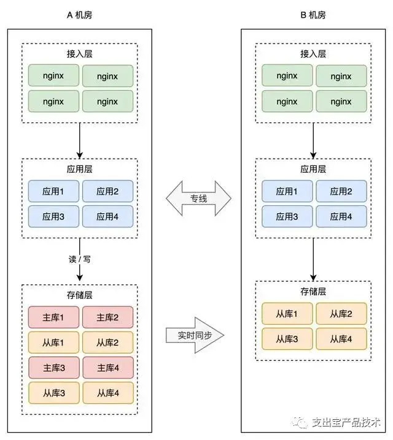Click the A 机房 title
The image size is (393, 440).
click(80, 15)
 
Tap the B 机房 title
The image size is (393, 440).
click(313, 15)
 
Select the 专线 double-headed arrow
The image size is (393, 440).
click(198, 199)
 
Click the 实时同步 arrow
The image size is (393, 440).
click(195, 335)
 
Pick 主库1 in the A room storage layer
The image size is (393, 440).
click(53, 317)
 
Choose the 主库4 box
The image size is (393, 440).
click(108, 368)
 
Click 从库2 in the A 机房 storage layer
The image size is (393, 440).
click(107, 343)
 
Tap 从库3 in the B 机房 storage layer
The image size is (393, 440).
click(287, 339)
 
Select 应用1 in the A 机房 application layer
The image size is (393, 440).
click(53, 191)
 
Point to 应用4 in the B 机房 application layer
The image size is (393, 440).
click(341, 216)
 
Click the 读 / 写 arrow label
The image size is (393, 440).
click(80, 259)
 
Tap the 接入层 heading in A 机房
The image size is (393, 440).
click(80, 53)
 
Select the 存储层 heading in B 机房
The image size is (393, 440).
click(313, 292)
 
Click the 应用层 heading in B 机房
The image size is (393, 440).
click(313, 169)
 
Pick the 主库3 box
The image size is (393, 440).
click(53, 368)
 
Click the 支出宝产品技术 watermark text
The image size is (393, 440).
click(346, 422)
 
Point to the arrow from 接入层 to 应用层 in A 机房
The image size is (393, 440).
click(80, 141)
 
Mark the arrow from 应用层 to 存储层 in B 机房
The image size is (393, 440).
click(313, 260)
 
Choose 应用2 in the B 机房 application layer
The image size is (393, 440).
click(341, 191)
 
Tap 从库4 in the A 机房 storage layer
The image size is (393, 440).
click(108, 393)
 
